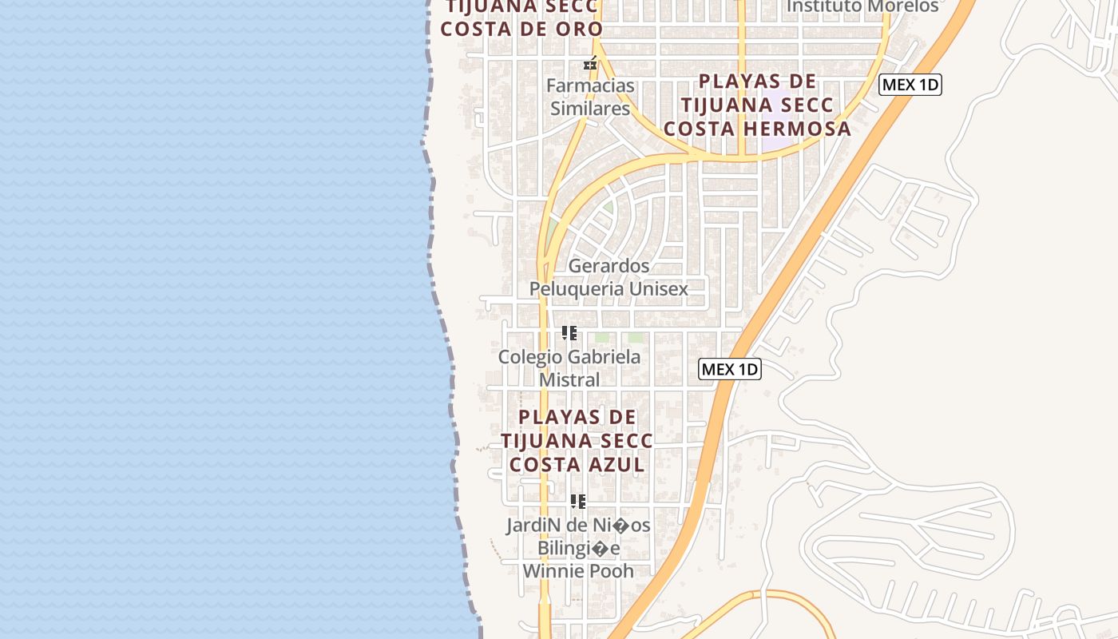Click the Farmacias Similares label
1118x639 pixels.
click(x=590, y=97)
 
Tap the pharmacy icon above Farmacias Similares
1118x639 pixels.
click(x=591, y=64)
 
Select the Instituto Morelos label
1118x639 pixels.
click(x=862, y=6)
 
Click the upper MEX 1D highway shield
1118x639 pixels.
click(x=910, y=85)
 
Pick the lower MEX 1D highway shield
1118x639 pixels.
click(x=730, y=369)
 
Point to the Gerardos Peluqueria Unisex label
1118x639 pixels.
click(x=609, y=276)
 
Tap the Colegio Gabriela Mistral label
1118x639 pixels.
click(x=569, y=367)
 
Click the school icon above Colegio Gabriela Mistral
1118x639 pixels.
click(x=569, y=333)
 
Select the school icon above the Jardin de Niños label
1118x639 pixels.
click(x=578, y=502)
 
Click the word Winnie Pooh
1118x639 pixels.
click(x=578, y=571)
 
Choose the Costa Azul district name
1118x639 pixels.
click(x=577, y=463)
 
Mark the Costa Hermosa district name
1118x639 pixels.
click(x=758, y=128)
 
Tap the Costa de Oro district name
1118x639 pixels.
click(x=522, y=29)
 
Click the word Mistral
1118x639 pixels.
click(x=569, y=379)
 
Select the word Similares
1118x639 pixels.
click(x=590, y=109)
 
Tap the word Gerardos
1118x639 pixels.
click(x=609, y=265)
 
